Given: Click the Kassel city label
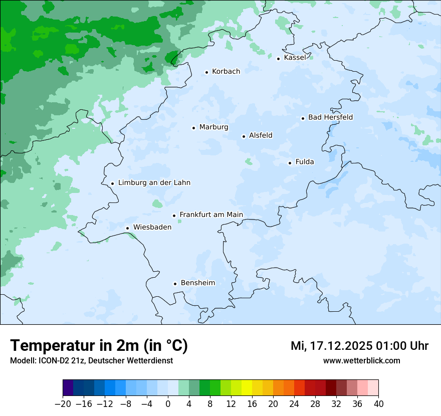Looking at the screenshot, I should [295, 58].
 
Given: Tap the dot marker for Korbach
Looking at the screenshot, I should [206, 72].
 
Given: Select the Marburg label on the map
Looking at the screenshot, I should [213, 127].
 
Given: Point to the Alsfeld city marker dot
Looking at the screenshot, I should [244, 136].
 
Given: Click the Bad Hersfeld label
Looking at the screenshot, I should [330, 117].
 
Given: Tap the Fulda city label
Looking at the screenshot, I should [305, 162].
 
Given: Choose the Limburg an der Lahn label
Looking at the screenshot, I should [154, 183].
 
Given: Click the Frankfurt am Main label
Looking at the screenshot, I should [211, 215].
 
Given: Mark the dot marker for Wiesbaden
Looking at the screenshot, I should [127, 228].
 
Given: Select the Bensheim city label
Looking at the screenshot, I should [197, 283].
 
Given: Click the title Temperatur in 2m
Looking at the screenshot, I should [99, 346].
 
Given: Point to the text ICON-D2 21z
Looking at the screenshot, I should [59, 361].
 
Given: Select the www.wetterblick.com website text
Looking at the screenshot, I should [361, 361].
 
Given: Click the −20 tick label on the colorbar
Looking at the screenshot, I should [63, 404].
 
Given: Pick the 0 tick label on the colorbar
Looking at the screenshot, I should [168, 404].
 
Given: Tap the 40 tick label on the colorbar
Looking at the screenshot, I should [378, 404].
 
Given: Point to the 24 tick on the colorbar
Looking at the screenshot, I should [294, 404].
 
